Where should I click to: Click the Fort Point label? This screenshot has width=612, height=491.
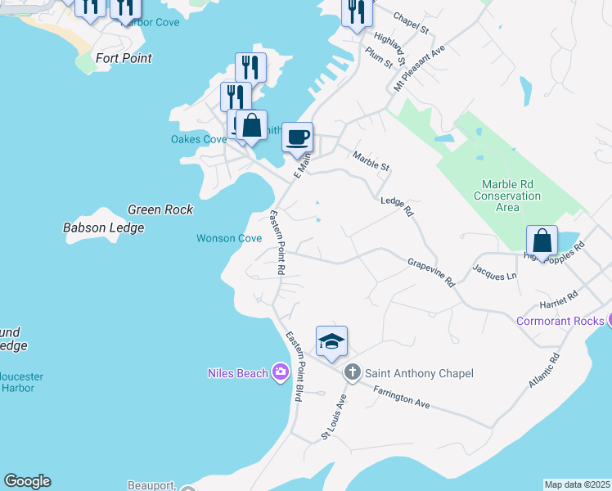[x=124, y=58]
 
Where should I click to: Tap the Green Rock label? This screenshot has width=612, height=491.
[x=160, y=209]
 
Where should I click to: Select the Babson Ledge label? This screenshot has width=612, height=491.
[x=103, y=228]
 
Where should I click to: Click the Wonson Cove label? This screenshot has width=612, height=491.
[x=228, y=238]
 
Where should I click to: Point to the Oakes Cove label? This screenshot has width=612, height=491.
[x=198, y=139]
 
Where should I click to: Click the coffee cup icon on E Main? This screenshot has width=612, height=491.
[x=297, y=136]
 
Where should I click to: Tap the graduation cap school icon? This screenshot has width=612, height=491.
[x=331, y=342]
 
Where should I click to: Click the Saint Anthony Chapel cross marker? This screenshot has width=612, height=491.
[x=353, y=373]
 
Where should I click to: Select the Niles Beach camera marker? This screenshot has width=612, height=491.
[x=281, y=373]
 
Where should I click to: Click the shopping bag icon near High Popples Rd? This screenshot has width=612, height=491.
[x=542, y=241]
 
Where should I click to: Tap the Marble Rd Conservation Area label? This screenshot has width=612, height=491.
[x=507, y=196]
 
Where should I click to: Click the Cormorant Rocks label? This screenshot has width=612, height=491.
[x=560, y=321]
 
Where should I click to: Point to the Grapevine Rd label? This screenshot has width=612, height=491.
[x=431, y=273]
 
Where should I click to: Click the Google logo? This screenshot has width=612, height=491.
[x=27, y=481]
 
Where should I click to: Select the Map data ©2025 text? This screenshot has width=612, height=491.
[x=577, y=484]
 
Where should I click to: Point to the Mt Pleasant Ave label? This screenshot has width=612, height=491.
[x=419, y=67]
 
